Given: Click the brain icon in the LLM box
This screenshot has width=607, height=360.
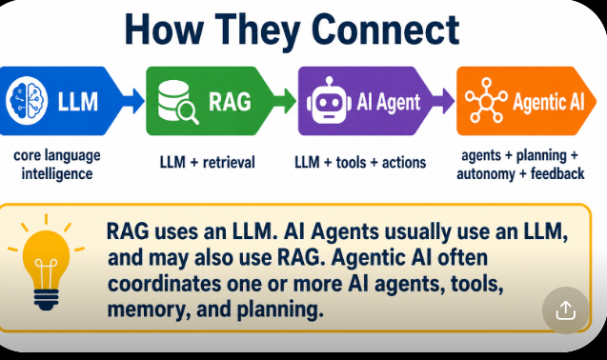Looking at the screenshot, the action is click(27, 101).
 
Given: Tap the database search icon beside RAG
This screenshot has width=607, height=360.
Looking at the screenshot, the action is click(178, 101).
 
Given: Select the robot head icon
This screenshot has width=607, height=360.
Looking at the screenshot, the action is click(330, 101).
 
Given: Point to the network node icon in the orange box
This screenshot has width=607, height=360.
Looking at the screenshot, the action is click(486, 100).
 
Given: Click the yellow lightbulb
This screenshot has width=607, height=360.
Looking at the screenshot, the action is click(46, 262).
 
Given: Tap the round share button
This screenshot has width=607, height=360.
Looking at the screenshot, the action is click(566, 310).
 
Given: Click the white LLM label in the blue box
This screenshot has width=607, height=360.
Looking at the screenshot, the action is click(78, 102).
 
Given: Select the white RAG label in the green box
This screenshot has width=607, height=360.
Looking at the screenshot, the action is click(230, 101).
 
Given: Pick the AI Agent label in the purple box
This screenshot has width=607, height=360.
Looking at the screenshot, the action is click(388, 103).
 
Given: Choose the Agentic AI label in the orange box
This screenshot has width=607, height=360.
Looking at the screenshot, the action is click(549, 102).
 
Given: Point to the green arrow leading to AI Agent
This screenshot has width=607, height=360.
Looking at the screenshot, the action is click(284, 101).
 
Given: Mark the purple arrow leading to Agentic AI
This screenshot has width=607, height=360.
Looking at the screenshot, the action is click(443, 101).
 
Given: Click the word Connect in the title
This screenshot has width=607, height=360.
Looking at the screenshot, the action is click(385, 30).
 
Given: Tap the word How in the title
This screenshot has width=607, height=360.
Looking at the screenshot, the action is click(164, 30).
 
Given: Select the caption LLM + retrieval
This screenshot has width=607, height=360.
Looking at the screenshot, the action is click(208, 162).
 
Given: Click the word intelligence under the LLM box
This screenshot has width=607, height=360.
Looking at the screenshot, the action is click(57, 173).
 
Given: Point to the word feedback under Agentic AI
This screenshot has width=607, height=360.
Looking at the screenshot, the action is click(557, 173).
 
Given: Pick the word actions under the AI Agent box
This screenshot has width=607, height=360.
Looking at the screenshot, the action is click(404, 163).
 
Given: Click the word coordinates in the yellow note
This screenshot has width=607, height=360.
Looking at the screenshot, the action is click(164, 284).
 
